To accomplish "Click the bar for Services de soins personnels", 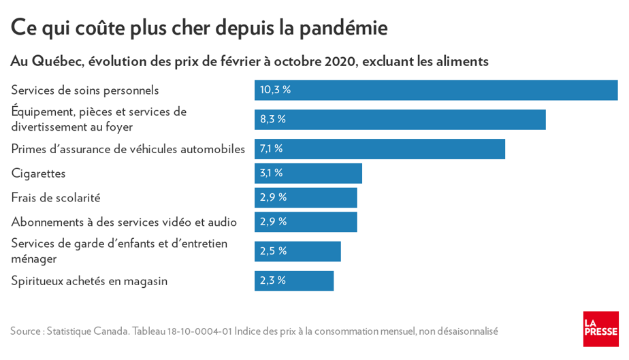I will [436, 90].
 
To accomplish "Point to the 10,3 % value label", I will [275, 90].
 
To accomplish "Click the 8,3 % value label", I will [273, 119].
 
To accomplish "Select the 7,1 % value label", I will [272, 148].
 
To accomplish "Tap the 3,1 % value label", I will [272, 173].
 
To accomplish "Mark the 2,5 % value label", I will [273, 251].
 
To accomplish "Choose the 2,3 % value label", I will [273, 280].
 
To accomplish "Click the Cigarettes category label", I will [38, 174].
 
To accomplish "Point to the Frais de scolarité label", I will [56, 198].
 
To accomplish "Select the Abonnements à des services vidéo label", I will [124, 222].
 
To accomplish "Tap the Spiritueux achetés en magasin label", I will [89, 281].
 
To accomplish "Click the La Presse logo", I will [600, 329].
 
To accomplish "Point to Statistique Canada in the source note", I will [88, 331].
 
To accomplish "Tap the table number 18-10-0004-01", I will [199, 331].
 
